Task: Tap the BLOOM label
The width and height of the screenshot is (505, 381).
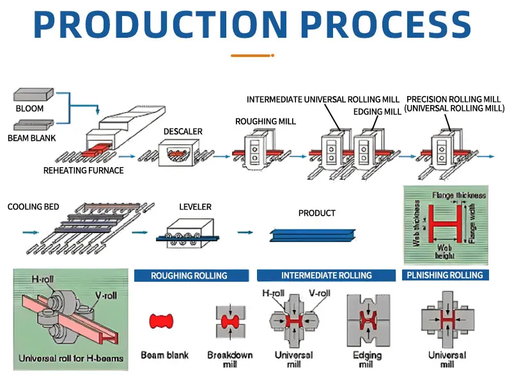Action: coord(29,108)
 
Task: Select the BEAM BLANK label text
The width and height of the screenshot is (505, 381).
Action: coord(31,138)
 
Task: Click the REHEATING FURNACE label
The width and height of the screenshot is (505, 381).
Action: coord(83,170)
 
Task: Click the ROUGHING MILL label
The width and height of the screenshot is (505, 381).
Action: coord(265,121)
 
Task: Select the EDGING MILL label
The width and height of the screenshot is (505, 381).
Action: coord(377,111)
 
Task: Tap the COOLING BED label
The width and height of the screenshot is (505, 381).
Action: coord(33,207)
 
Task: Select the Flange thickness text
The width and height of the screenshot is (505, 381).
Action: coord(459,195)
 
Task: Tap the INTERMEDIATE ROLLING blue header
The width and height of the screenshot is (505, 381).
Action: coord(326,275)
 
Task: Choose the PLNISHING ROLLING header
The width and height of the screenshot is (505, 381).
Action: coord(445,275)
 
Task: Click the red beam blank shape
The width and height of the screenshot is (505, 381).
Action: coord(162,321)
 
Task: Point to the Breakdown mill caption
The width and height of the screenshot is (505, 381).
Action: coord(229,359)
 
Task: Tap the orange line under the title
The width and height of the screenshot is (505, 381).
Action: coord(252,56)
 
